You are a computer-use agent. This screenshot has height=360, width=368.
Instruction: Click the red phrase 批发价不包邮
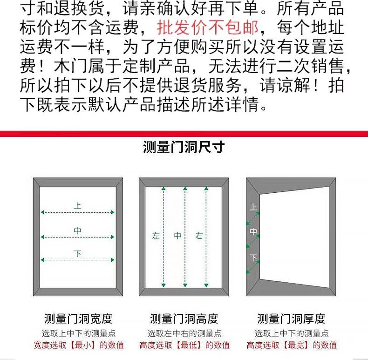pos(208,27)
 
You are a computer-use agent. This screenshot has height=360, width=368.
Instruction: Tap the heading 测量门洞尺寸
pos(184,147)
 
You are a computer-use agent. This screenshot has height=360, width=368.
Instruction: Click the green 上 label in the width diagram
pos(77,205)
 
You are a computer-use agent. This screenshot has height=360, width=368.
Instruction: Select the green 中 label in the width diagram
pos(77,231)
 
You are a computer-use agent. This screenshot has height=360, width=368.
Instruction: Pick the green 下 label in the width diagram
pos(77,253)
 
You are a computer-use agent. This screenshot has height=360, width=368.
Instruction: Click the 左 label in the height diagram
pos(156,236)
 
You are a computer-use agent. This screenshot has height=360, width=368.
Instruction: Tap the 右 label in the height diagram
pos(199,236)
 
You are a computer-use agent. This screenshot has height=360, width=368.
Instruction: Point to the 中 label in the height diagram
pos(177,235)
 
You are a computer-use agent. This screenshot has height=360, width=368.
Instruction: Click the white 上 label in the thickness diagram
pos(253,207)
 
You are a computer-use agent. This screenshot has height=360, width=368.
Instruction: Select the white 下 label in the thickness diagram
pos(253,258)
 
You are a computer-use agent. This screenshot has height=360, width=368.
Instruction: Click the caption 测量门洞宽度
pos(78,319)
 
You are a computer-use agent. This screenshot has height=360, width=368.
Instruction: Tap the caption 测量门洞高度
pos(184,319)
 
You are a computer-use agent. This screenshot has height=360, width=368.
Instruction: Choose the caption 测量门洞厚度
pos(291,319)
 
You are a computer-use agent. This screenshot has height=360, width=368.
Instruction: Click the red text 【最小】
pos(83,345)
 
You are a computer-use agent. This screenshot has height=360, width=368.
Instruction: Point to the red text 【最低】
pos(189,345)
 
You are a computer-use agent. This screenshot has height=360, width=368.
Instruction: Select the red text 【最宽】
pos(296,345)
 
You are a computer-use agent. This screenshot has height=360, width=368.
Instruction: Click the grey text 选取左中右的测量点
pos(184,333)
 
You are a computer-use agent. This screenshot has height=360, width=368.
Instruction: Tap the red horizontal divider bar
pos(184,134)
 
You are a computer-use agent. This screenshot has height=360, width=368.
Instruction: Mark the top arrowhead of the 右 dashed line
pos(206,189)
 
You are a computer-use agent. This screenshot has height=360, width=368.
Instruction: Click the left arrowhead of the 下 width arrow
pos(42,260)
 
